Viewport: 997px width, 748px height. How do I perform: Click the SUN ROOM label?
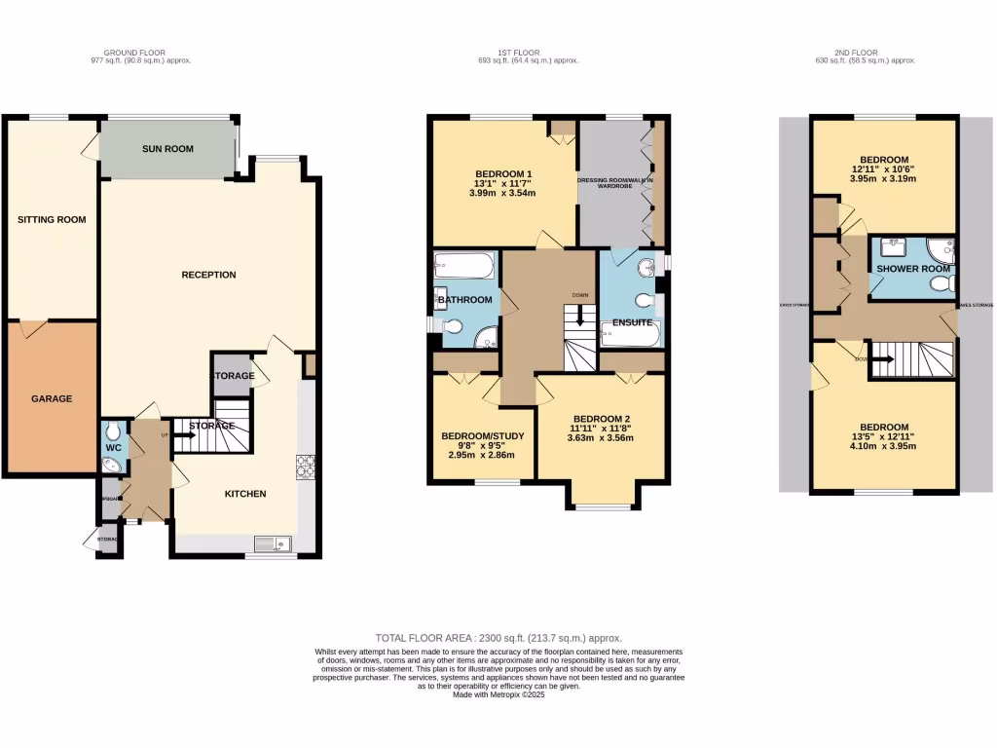pos(167,149)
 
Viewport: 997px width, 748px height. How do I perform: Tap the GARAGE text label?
pos(52,398)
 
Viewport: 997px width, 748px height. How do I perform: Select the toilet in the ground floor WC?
pos(113,431)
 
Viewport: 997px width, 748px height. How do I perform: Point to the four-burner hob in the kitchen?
pos(306,468)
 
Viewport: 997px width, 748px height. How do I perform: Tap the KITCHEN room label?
pos(245,494)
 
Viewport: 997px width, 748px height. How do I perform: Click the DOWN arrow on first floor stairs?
pos(580,316)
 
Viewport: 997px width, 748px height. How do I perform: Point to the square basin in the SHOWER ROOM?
pos(894,246)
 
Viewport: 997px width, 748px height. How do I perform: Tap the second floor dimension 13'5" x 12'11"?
pos(883,436)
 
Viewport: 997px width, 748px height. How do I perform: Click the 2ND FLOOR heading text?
pos(865,53)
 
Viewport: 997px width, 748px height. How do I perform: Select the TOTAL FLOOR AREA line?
pos(498,637)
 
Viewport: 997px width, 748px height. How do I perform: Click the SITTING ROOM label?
pos(52,219)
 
